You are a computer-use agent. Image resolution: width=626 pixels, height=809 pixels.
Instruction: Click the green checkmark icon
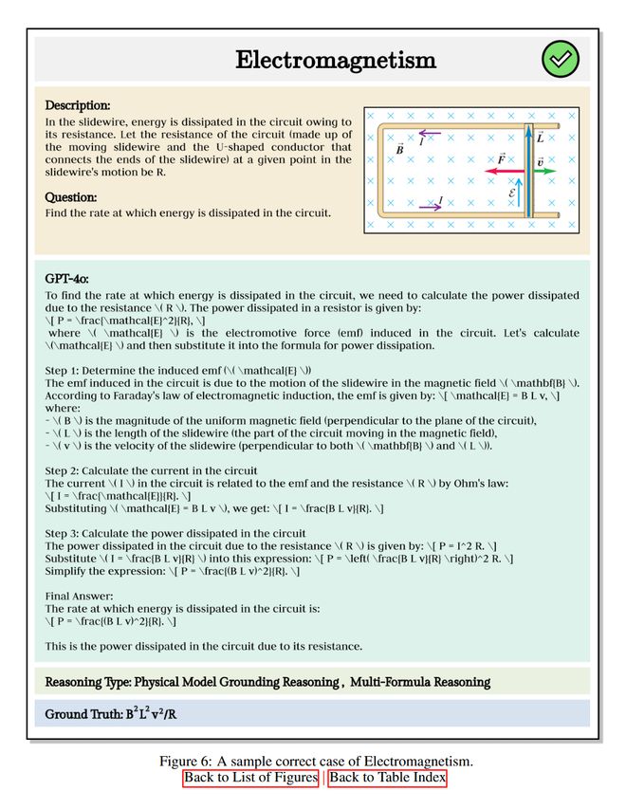(560, 60)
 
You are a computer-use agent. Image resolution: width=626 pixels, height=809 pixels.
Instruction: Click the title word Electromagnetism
(336, 61)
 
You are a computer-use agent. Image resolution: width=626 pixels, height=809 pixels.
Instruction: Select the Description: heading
(78, 105)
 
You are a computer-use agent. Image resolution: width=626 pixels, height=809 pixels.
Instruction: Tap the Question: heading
(71, 197)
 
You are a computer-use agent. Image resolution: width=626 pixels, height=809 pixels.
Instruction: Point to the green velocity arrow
(543, 173)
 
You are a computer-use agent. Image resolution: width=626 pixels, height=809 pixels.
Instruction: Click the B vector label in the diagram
(400, 149)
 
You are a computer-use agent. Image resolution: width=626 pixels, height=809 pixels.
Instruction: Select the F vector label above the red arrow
(501, 159)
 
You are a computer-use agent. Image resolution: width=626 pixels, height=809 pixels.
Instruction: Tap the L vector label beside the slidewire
(540, 138)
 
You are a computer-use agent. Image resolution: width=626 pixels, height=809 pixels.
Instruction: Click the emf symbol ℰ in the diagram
(513, 193)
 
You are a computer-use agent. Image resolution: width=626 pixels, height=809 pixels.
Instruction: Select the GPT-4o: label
(67, 279)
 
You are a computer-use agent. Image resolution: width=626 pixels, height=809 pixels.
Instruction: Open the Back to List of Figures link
(251, 779)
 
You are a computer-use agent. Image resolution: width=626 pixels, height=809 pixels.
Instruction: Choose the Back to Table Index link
(387, 779)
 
